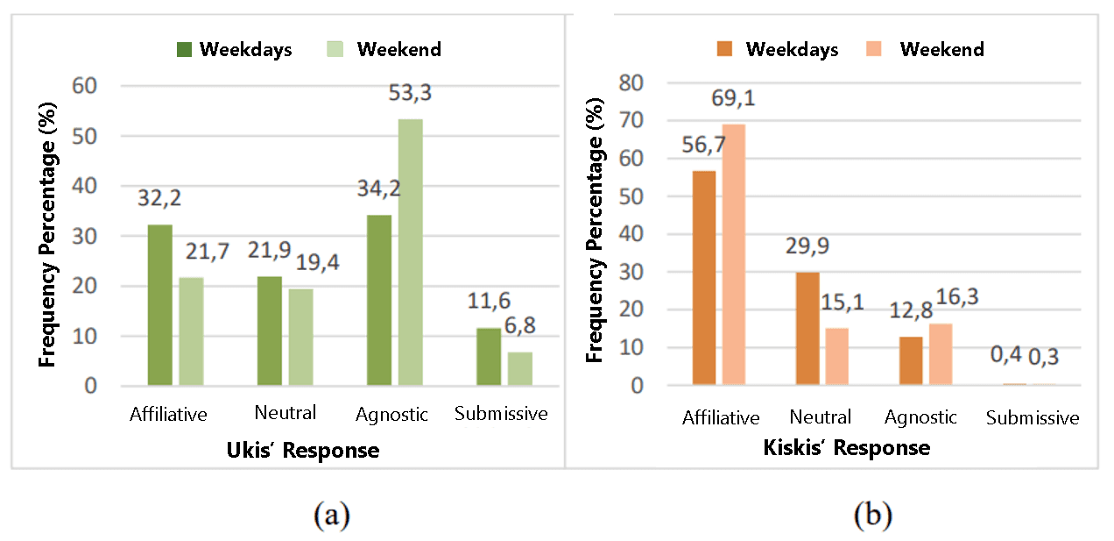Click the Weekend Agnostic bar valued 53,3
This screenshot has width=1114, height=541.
tap(410, 253)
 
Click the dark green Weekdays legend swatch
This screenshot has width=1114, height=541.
tap(185, 49)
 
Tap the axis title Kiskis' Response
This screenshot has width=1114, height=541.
tap(846, 448)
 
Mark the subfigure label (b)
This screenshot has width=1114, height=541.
tap(872, 516)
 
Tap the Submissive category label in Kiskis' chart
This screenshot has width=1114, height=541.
tap(1033, 418)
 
